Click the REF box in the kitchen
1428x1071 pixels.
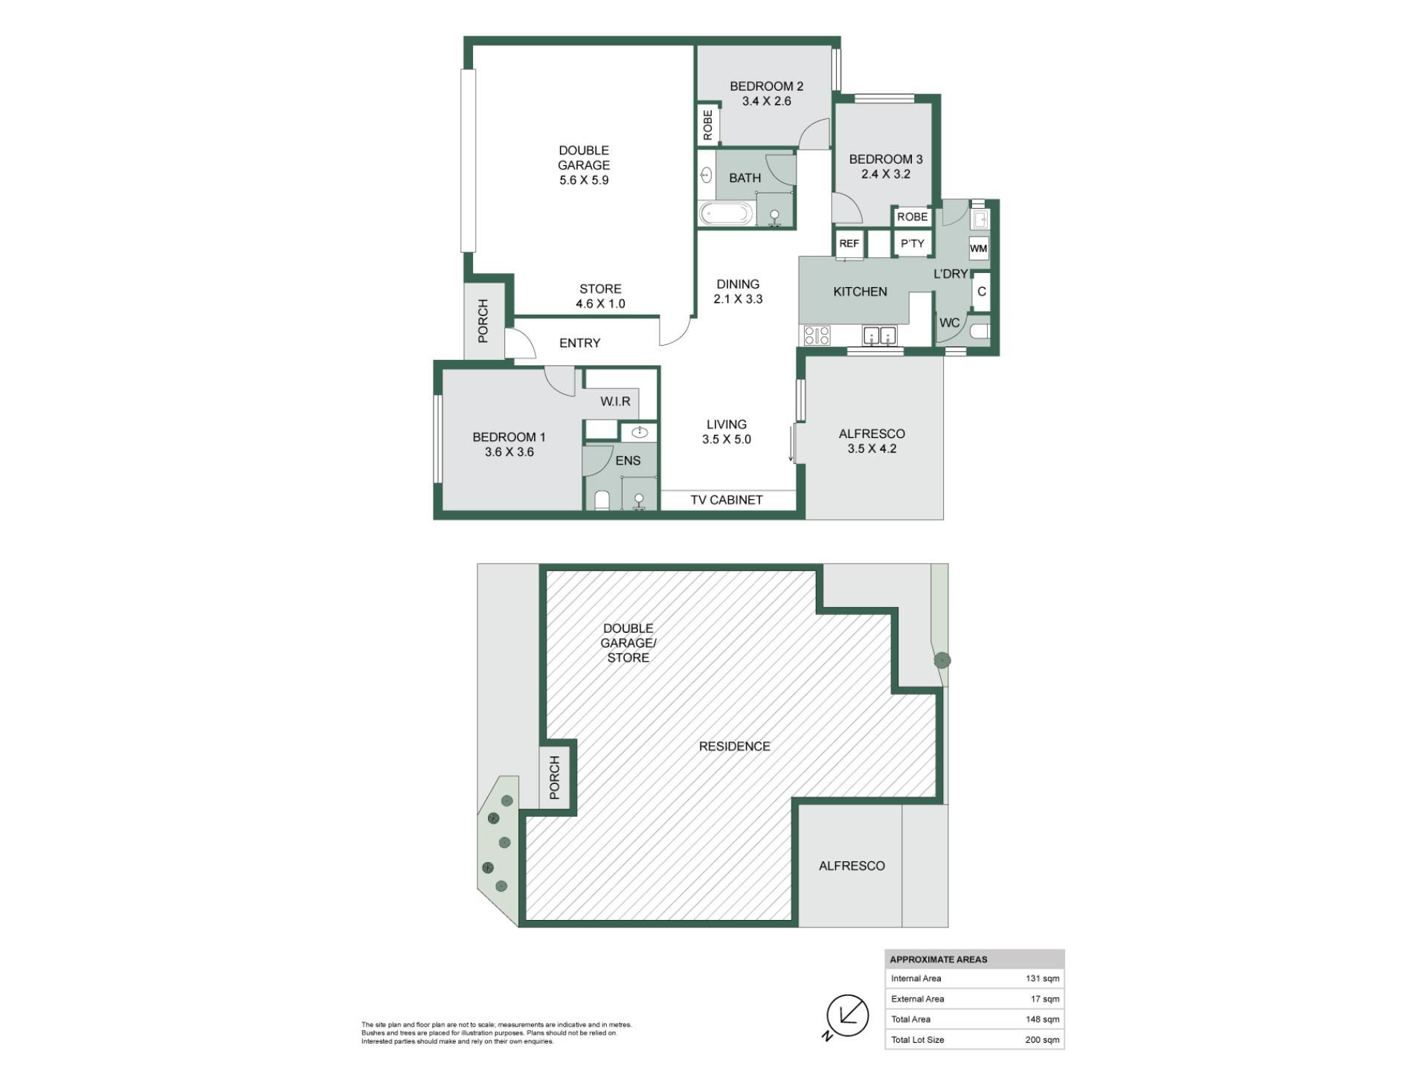[x=849, y=244]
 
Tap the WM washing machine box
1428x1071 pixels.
[x=978, y=248]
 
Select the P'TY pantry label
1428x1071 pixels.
[x=913, y=244]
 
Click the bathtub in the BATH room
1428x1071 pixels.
[x=726, y=214]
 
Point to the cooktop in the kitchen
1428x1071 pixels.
[x=816, y=336]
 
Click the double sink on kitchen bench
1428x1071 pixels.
[x=880, y=336]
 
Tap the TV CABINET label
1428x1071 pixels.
[x=727, y=500]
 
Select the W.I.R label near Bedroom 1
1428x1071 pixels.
[x=616, y=402]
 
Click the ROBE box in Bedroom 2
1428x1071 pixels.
[x=707, y=124]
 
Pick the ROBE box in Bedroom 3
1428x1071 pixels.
[x=913, y=216]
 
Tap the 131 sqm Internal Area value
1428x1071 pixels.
[x=1043, y=979]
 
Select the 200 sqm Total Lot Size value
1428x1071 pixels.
[x=1042, y=1040]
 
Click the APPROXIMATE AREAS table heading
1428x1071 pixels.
[x=939, y=959]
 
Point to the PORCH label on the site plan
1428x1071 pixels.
[x=554, y=778]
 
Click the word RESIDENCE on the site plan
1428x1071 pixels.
[x=735, y=746]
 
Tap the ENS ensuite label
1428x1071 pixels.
[x=628, y=461]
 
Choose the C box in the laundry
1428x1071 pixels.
[x=981, y=292]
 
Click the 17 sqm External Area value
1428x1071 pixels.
[x=1045, y=999]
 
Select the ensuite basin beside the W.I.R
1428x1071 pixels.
[x=639, y=432]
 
